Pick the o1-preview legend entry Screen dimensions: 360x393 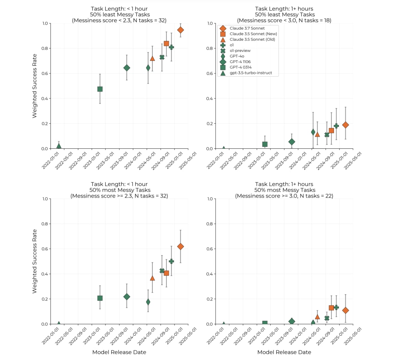(x=240, y=50)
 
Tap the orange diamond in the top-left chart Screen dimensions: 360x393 (x=180, y=30)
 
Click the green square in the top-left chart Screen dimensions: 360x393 (x=100, y=89)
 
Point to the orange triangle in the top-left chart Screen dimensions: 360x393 (x=152, y=58)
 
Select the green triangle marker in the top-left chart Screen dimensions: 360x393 (x=59, y=146)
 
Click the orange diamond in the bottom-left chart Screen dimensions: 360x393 (x=180, y=246)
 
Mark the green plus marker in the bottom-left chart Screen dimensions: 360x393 (x=171, y=261)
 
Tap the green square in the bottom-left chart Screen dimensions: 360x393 (x=100, y=298)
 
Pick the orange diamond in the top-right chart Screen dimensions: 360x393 (x=345, y=125)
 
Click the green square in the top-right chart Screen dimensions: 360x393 (x=265, y=144)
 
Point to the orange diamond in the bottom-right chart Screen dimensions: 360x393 (x=345, y=310)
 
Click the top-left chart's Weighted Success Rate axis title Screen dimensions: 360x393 (x=35, y=86)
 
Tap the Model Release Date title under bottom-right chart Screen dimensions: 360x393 (x=284, y=352)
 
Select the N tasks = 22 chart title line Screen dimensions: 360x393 (x=284, y=196)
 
